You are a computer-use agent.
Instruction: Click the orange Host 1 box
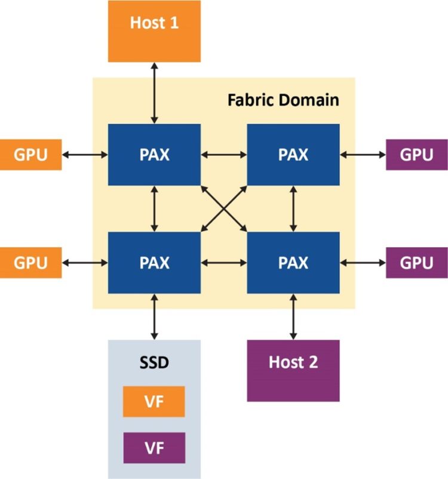tap(154, 31)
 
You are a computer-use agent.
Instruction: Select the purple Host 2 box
tap(293, 370)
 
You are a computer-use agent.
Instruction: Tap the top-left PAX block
tap(154, 155)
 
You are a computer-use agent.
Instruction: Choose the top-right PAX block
tap(293, 155)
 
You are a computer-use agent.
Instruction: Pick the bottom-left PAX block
tap(154, 262)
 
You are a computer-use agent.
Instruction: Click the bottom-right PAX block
tap(293, 262)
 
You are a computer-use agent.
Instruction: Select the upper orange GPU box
tap(30, 155)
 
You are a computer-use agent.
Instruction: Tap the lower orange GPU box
tap(30, 262)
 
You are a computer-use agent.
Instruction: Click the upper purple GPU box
tap(416, 155)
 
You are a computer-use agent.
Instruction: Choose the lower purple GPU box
tap(416, 262)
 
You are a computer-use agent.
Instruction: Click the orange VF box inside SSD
tap(154, 401)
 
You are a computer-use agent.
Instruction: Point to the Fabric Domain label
tap(283, 99)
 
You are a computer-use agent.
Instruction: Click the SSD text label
tap(154, 363)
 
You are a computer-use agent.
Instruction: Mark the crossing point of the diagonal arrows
tap(224, 208)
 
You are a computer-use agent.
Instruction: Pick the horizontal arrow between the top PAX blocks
tap(224, 155)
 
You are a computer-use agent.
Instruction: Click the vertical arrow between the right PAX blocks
tap(293, 208)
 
